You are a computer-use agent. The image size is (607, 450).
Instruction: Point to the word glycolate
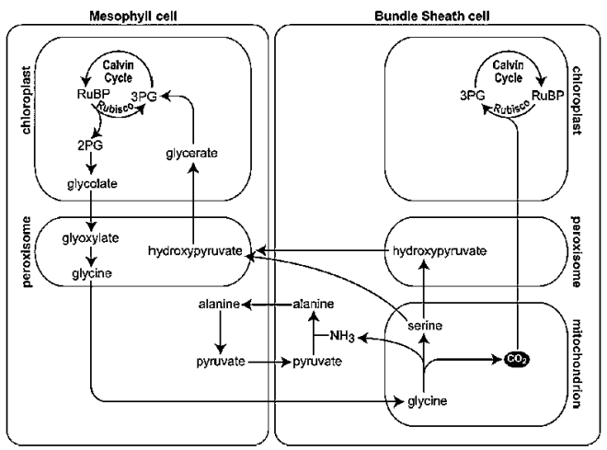click(x=90, y=183)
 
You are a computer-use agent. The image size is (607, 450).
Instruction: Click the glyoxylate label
click(x=89, y=237)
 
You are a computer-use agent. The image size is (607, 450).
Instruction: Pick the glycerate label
click(x=192, y=152)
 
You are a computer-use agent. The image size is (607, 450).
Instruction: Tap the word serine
click(x=423, y=326)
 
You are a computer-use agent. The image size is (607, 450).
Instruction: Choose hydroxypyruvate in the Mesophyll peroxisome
click(x=192, y=249)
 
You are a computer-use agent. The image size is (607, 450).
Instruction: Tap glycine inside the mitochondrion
click(x=423, y=401)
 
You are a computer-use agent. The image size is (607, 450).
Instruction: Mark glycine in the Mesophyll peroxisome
click(x=89, y=274)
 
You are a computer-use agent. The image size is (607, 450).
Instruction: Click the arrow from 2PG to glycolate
click(x=90, y=162)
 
